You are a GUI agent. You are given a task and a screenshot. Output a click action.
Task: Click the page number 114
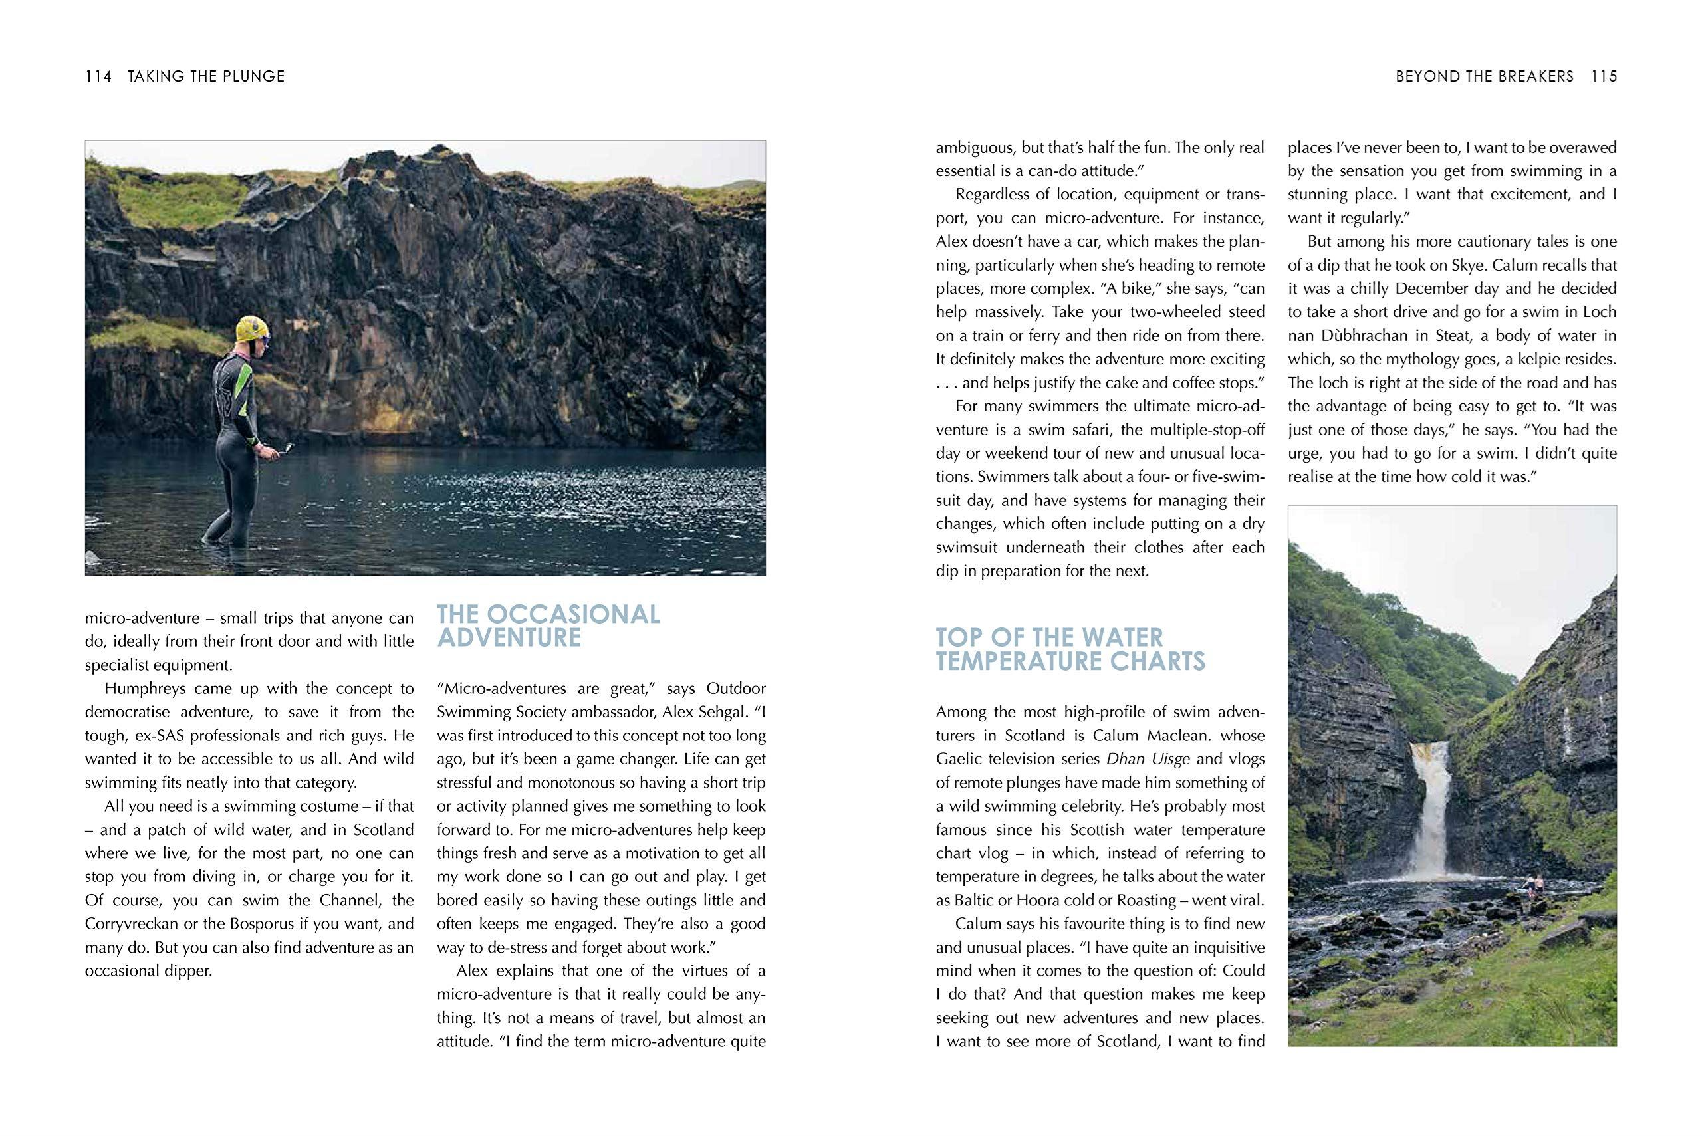(x=98, y=76)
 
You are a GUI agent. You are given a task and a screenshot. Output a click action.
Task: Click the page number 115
(x=1604, y=76)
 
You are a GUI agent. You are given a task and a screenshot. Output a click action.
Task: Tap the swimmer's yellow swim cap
(x=251, y=330)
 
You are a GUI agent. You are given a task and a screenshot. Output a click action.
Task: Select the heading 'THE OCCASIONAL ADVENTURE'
(x=548, y=625)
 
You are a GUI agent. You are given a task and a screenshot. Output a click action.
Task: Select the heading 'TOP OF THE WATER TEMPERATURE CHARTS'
(x=1070, y=649)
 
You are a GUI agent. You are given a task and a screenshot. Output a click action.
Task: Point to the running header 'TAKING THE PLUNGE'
(x=207, y=76)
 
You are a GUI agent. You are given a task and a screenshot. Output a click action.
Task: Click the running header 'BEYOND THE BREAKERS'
(x=1485, y=76)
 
